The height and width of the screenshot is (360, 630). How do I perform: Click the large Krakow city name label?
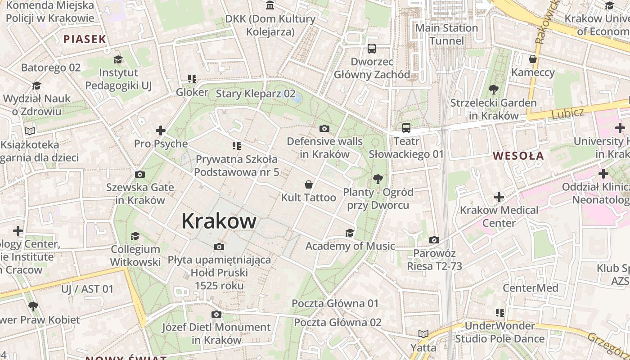[x=219, y=221]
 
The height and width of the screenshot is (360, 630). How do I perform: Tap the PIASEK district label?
[x=85, y=39]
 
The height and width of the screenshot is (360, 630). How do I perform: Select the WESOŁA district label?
[x=518, y=156]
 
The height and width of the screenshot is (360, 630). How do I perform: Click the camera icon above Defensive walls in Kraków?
[x=324, y=129]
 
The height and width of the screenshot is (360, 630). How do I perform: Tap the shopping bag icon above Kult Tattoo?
[x=309, y=184]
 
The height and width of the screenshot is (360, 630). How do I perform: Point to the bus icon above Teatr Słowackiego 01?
[x=406, y=128]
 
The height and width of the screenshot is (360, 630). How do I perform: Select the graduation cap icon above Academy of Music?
[x=350, y=233]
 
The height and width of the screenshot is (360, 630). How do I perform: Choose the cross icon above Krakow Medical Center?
[x=499, y=197]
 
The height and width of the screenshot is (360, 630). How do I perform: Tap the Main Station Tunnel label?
[x=446, y=34]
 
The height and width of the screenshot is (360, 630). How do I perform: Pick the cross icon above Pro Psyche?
[x=161, y=130]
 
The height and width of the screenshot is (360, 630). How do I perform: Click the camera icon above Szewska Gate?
[x=140, y=174]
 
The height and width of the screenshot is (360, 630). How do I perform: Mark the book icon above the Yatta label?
[x=423, y=334]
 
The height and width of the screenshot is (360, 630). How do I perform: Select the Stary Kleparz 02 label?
[x=256, y=94]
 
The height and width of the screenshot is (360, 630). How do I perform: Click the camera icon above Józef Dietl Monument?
[x=216, y=314]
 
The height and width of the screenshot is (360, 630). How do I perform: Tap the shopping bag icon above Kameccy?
[x=533, y=59]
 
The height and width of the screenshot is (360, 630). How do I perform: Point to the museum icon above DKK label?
[x=270, y=5]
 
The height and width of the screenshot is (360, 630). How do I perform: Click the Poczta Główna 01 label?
[x=335, y=303]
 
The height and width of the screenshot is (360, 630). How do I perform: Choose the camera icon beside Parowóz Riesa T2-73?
[x=434, y=240]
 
